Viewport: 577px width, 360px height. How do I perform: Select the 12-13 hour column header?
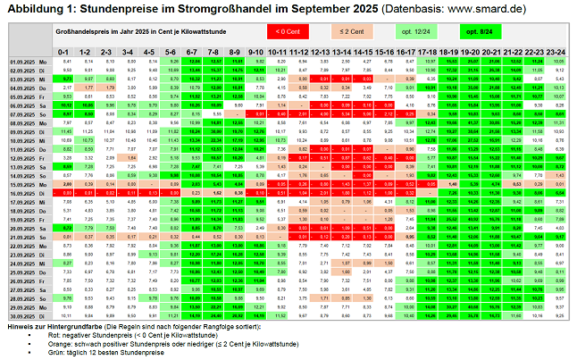pyautogui.click(x=322, y=53)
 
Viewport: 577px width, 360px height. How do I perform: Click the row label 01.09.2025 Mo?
pyautogui.click(x=27, y=62)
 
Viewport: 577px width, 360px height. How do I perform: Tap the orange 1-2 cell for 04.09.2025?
pyautogui.click(x=86, y=88)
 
